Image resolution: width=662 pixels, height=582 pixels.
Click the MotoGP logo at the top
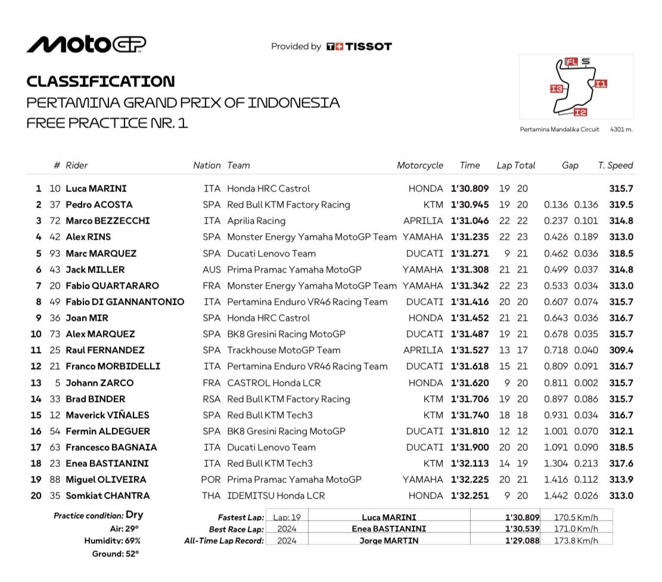(x=86, y=45)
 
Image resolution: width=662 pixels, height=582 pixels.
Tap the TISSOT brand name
(x=368, y=47)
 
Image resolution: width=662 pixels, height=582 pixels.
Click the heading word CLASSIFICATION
(x=101, y=82)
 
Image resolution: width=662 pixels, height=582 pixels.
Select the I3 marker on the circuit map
(x=557, y=89)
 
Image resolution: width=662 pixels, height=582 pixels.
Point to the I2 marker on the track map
(x=580, y=112)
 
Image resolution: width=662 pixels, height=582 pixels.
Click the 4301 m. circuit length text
(x=621, y=129)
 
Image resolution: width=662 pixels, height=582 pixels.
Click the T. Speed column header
(x=615, y=166)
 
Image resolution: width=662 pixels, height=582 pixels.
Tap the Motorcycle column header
(x=420, y=166)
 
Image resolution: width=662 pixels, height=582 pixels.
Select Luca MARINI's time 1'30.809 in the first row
(x=470, y=188)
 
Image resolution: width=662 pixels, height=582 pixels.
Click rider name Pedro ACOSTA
(x=99, y=205)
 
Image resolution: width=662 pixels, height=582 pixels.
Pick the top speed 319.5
(x=621, y=205)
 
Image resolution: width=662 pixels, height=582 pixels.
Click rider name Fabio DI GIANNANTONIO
(x=125, y=302)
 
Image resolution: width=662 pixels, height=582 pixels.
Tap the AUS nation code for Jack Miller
(x=212, y=270)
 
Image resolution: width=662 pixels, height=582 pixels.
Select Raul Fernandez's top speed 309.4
(x=621, y=350)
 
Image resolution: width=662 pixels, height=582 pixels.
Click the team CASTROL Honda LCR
(x=270, y=383)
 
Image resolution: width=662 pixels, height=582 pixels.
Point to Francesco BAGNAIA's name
(x=111, y=447)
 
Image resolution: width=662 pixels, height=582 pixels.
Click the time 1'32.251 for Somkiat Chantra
(x=470, y=496)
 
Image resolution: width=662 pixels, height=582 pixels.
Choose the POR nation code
(x=211, y=479)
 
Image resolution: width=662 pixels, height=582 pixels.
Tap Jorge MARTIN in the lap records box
(x=389, y=541)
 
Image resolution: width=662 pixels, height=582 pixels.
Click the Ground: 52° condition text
(x=115, y=554)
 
